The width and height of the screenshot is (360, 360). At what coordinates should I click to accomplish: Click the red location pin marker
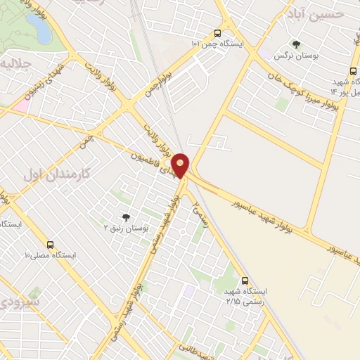pos(181,165)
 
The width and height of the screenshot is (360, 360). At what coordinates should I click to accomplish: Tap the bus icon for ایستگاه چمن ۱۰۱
pos(217,33)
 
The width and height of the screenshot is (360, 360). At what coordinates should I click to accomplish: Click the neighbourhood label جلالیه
pos(15,64)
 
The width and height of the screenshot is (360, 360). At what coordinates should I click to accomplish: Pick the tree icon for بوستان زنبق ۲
pos(126,217)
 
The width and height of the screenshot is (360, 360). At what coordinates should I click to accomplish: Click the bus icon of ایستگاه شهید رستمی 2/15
pos(245,280)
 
